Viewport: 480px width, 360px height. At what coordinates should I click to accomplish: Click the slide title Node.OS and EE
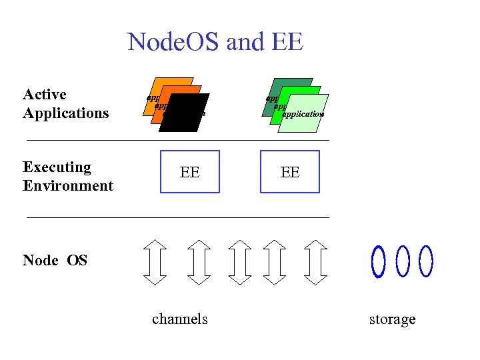[215, 43]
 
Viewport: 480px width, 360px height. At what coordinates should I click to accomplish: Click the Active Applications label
[65, 103]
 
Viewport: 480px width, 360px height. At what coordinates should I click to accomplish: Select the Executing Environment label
[67, 176]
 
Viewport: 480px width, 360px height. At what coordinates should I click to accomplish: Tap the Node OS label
[55, 260]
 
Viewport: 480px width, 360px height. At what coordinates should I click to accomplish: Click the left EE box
[189, 172]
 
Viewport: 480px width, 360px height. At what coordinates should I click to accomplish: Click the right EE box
[290, 172]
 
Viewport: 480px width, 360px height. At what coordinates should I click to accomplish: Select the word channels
[180, 319]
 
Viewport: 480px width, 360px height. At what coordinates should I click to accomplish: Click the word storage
[392, 319]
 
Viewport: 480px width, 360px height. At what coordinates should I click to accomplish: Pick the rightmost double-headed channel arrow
[316, 261]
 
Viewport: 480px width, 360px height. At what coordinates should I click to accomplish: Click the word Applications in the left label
[65, 113]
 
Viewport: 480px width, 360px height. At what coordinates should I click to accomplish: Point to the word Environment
[68, 185]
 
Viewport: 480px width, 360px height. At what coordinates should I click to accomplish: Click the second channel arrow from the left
[197, 261]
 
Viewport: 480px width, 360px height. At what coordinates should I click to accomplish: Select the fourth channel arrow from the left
[274, 261]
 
